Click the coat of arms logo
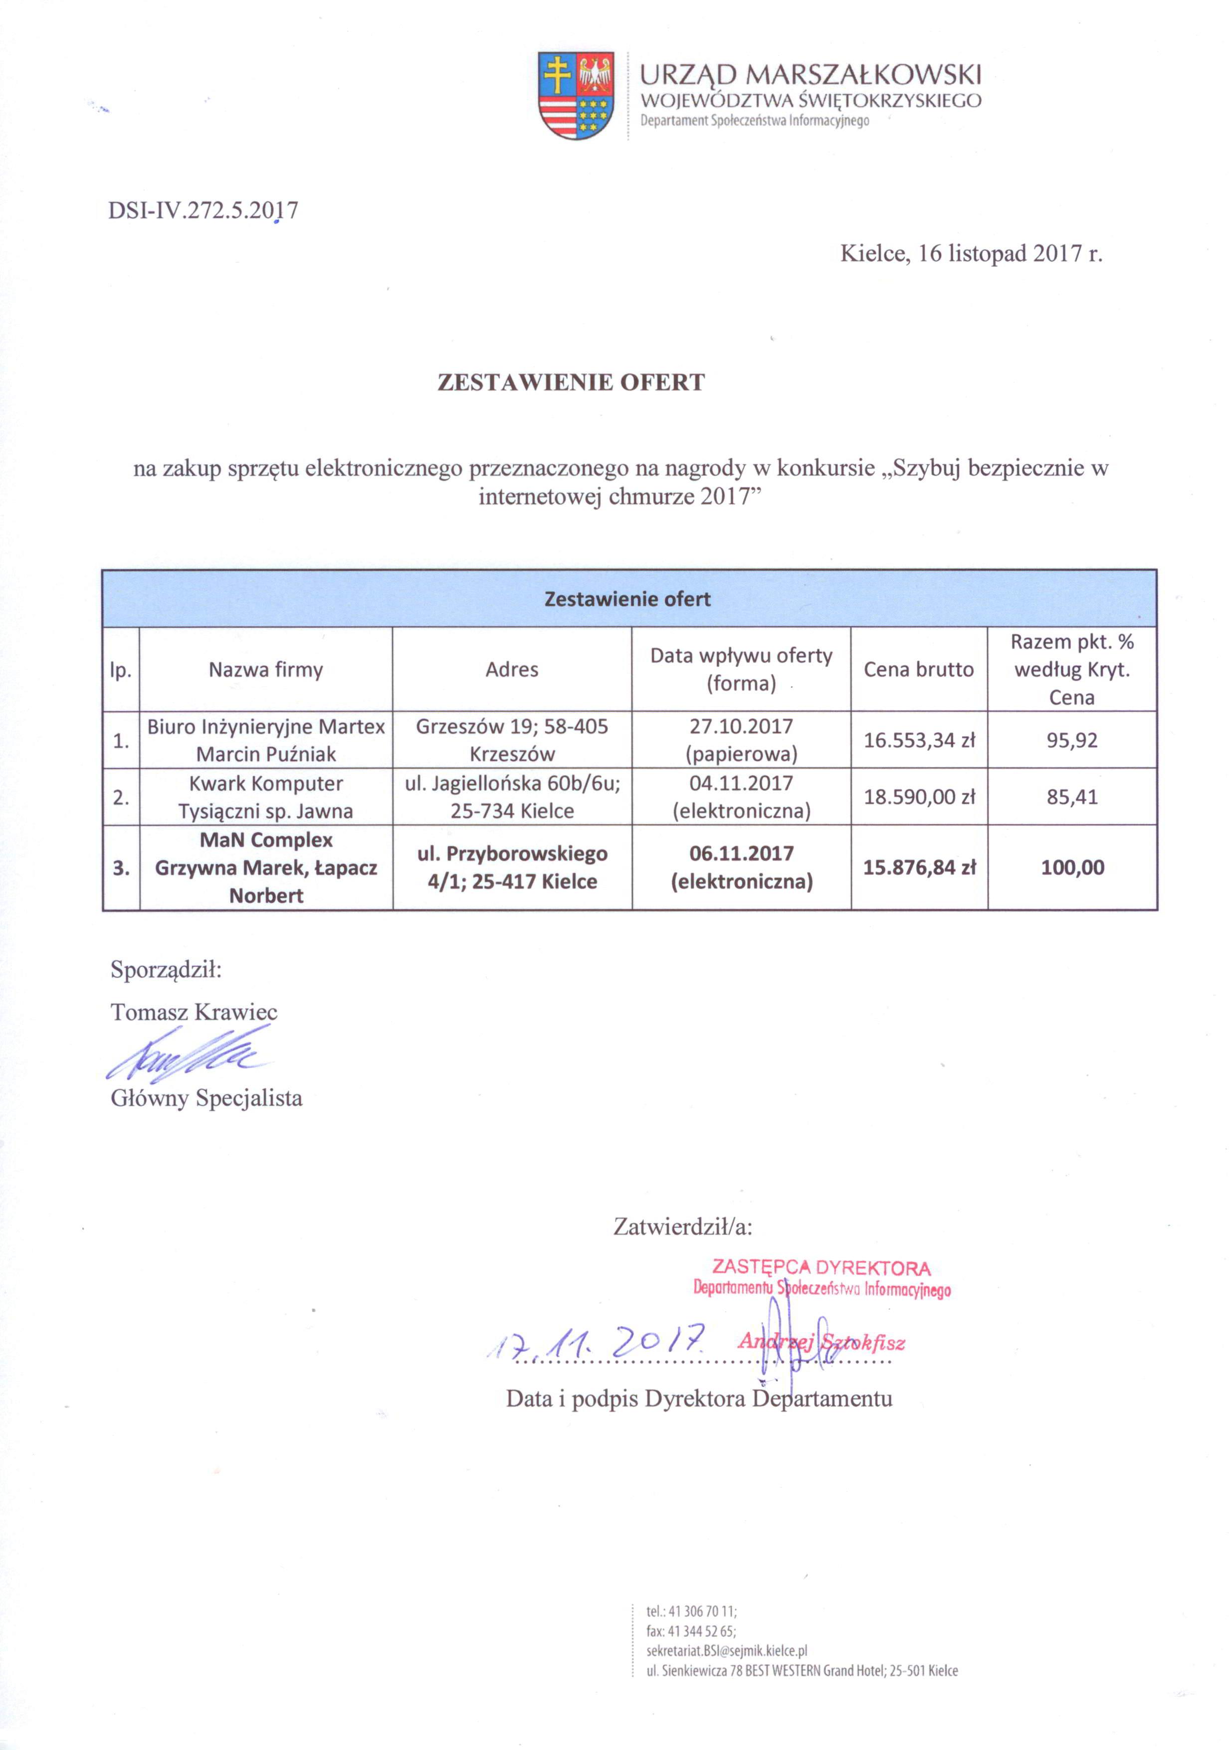coord(576,95)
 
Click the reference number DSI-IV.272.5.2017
coord(203,210)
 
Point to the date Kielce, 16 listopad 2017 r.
coord(971,254)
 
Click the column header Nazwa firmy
coord(265,670)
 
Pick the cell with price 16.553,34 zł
coord(919,740)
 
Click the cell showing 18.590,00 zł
coord(919,797)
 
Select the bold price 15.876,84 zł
coord(919,868)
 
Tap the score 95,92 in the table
coord(1071,740)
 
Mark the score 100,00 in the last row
coord(1072,868)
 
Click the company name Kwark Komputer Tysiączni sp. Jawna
coord(265,797)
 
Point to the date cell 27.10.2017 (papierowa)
coord(740,740)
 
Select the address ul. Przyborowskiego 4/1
coord(512,868)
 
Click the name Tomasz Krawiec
coord(194,1012)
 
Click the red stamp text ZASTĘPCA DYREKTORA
coord(820,1267)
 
